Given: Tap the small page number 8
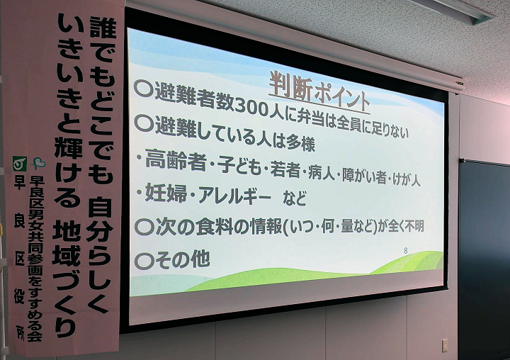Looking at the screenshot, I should (x=405, y=251).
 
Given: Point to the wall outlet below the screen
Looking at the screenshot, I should (x=444, y=345).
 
